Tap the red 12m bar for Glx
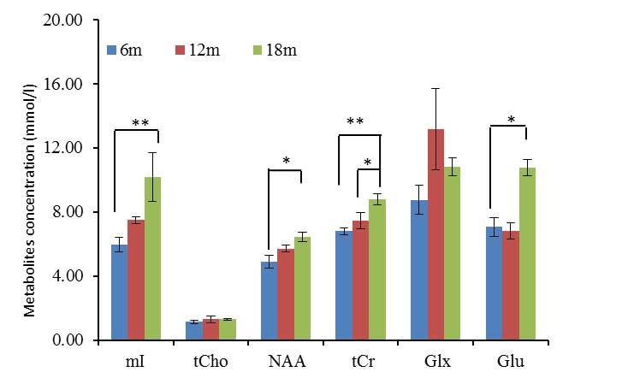(436, 234)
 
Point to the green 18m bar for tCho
(228, 329)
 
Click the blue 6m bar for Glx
(419, 269)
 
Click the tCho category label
(210, 362)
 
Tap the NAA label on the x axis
(286, 362)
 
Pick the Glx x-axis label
(435, 362)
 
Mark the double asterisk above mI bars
(140, 123)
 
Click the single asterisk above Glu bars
(511, 121)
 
